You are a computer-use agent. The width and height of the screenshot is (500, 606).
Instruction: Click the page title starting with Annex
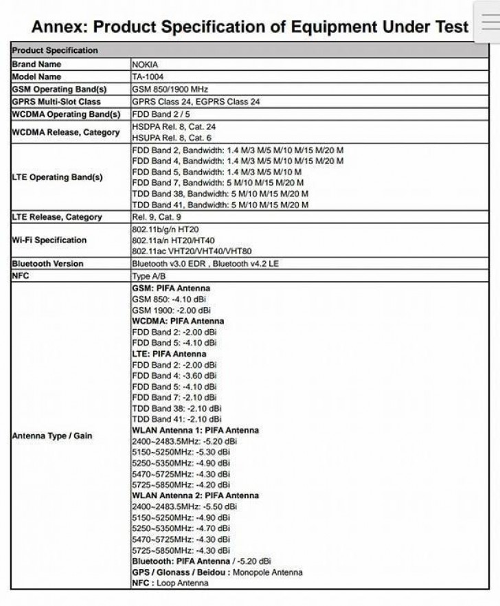coord(250,27)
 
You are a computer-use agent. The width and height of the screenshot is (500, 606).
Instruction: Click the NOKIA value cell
coord(144,64)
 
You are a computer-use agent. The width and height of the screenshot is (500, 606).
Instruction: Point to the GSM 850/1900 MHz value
coord(170,89)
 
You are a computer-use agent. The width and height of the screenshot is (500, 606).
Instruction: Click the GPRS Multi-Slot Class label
coord(56,102)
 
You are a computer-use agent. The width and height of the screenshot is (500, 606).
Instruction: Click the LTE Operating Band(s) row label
coord(57,177)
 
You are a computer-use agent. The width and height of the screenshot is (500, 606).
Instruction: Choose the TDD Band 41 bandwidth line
coord(220,205)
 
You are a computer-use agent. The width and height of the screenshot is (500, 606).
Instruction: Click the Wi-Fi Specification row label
coord(49,240)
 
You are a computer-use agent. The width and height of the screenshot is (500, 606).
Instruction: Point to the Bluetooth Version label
coord(47,264)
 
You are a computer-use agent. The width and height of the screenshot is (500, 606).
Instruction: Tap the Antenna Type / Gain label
coord(52,436)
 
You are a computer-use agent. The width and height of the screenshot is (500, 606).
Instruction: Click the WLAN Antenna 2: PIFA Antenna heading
coord(195,495)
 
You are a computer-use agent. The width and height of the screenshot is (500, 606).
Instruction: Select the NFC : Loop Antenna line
coord(170,583)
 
